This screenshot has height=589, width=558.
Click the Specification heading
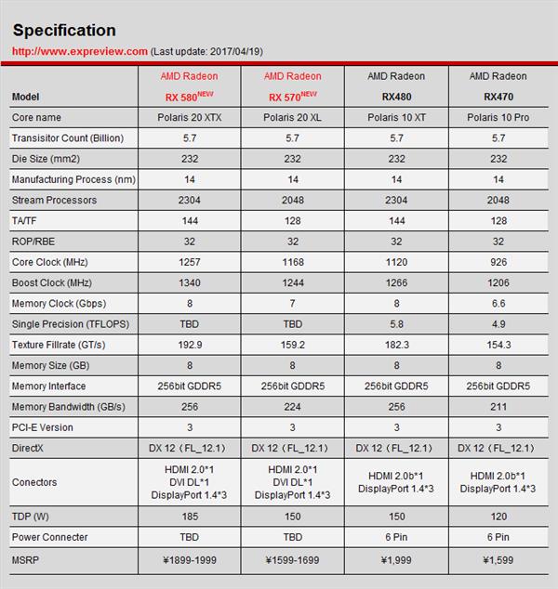[64, 31]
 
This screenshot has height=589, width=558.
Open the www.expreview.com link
[79, 51]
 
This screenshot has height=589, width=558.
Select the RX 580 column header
[190, 86]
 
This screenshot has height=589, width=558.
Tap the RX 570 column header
[293, 86]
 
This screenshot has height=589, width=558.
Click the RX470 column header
[498, 86]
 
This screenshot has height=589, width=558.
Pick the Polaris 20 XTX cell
[190, 118]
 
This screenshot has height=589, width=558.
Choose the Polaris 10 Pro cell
[498, 118]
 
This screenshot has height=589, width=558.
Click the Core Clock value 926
[498, 262]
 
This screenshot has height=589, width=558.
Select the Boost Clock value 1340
[190, 282]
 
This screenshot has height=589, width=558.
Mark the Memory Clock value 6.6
[498, 304]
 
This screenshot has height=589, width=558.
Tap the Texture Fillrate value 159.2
[293, 345]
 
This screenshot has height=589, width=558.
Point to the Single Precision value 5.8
[396, 324]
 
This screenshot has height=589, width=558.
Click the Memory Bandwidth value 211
[498, 407]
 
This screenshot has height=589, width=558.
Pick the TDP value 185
[190, 517]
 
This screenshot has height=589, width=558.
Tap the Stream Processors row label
[54, 201]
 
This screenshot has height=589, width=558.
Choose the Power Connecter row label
[50, 537]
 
